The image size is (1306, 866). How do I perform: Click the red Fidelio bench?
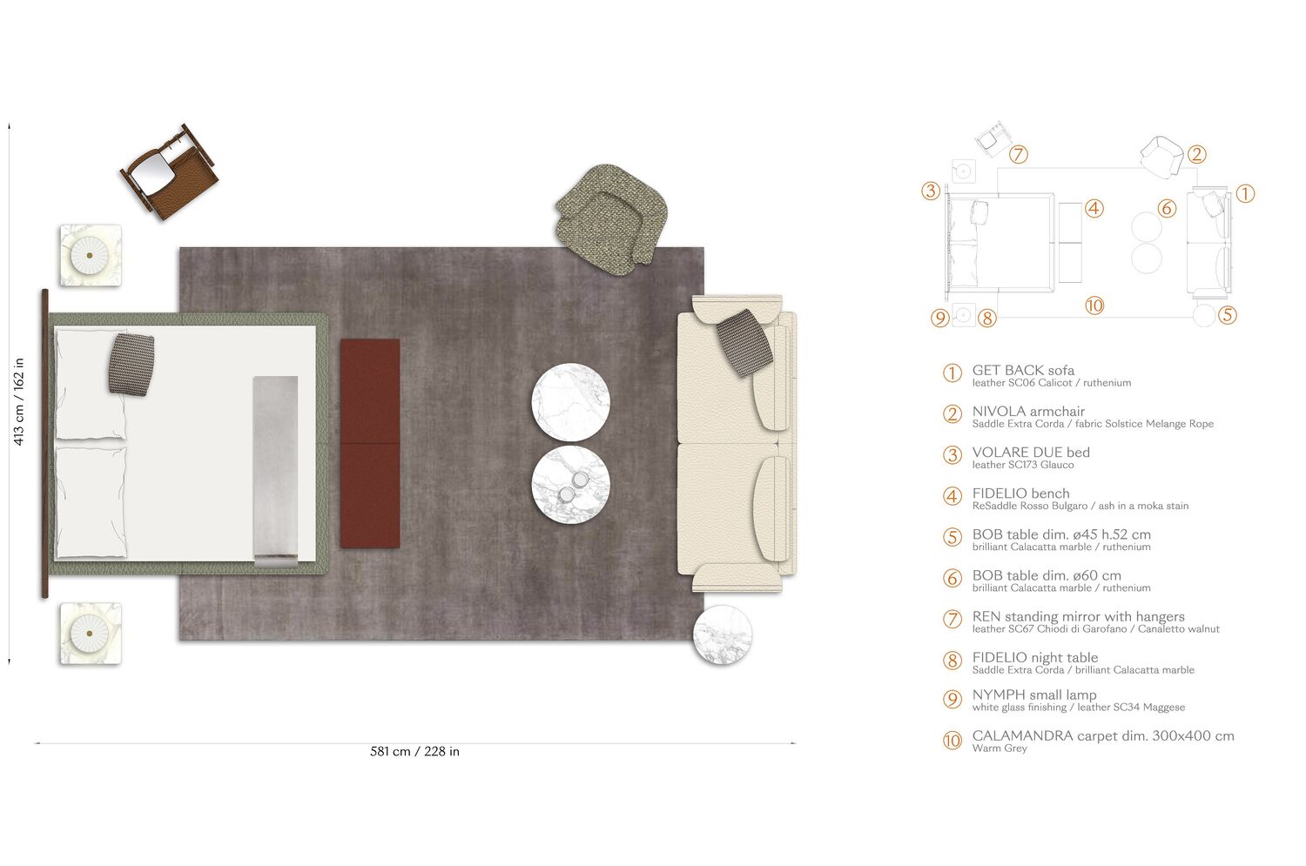[370, 443]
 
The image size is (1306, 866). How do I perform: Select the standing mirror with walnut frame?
[169, 171]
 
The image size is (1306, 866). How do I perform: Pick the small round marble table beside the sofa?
[723, 634]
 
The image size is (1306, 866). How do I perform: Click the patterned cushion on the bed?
[131, 363]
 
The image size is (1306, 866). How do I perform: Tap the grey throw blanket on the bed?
[275, 470]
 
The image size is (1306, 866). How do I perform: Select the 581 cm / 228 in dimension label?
[414, 751]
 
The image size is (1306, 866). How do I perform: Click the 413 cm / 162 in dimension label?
[18, 401]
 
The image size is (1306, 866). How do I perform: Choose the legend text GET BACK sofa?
[1023, 370]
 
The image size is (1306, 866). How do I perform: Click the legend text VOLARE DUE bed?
[1031, 453]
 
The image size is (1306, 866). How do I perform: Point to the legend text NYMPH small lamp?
[1034, 695]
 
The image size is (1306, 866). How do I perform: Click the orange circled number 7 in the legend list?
[953, 619]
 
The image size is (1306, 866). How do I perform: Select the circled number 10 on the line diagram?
[1094, 305]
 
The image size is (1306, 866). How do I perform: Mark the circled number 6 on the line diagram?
[1168, 208]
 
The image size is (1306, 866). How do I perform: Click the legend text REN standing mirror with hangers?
[1078, 616]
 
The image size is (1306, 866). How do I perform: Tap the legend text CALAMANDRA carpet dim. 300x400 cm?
[1103, 735]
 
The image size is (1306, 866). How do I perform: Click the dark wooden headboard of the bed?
[44, 444]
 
